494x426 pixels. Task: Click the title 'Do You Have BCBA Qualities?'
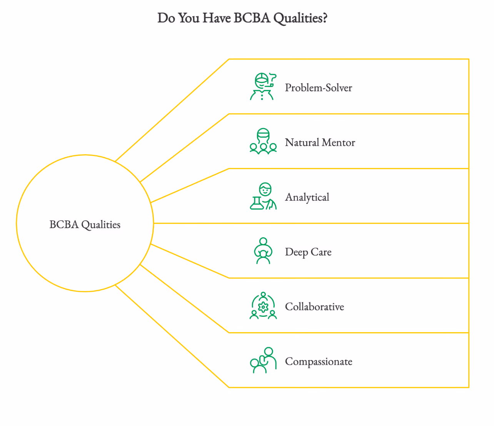point(242,18)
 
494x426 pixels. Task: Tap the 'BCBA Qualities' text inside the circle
point(85,225)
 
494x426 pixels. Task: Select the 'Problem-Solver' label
point(318,88)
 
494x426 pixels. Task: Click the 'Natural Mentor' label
point(320,142)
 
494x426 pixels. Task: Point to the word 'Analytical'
point(307,198)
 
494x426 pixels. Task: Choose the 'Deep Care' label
point(308,252)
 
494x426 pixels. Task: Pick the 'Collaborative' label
point(314,306)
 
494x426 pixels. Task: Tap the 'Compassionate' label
point(318,362)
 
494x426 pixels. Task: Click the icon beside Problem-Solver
point(263,87)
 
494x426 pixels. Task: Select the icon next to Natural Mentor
point(263,141)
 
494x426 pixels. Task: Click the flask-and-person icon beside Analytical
point(263,196)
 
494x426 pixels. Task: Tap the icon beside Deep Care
point(263,251)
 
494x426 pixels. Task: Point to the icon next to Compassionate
point(263,360)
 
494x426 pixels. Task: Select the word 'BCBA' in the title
point(252,18)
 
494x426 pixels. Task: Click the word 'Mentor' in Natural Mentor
point(339,142)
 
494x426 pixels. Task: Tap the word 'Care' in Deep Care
point(321,252)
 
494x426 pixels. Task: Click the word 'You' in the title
point(189,18)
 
